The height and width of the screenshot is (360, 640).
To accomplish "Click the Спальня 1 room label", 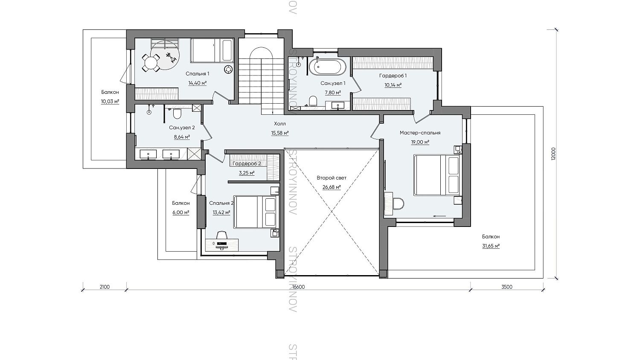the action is click(x=197, y=74).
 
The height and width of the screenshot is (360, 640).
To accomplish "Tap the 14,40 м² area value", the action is click(x=197, y=83).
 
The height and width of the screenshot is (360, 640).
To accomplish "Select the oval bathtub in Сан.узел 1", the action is click(x=330, y=67).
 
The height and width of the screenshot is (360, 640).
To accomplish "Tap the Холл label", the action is click(x=280, y=124).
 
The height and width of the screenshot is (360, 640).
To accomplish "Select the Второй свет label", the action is click(x=332, y=178).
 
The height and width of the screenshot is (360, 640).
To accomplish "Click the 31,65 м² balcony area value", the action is click(x=491, y=246).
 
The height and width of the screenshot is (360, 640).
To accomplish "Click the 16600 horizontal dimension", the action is click(x=299, y=287).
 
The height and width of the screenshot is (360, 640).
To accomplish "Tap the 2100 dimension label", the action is click(x=105, y=287).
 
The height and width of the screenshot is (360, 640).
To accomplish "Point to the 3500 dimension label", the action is click(x=507, y=287).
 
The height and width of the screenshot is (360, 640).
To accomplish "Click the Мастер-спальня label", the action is click(x=420, y=133).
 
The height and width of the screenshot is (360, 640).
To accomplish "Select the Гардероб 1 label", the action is click(x=393, y=76).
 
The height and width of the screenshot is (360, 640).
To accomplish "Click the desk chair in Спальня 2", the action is click(x=222, y=235).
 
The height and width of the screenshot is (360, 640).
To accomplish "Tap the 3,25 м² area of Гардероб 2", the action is click(x=247, y=173).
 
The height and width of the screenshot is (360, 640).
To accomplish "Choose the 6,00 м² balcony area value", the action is click(x=180, y=212).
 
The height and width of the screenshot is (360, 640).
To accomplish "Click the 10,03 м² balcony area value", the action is click(x=110, y=102).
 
